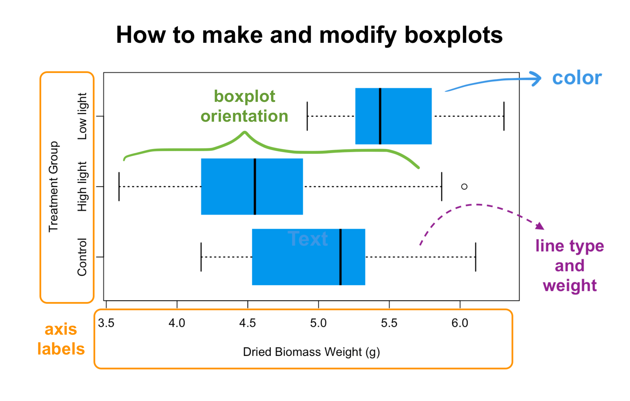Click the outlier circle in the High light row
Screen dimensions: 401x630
464,187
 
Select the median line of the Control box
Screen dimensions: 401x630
340,257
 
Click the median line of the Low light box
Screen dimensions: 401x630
380,116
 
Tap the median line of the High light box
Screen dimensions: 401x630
255,187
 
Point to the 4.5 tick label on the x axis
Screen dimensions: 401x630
247,323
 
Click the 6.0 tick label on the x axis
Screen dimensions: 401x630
459,323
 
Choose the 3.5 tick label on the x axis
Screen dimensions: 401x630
106,323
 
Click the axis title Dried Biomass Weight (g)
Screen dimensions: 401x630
311,352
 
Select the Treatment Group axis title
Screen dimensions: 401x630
54,187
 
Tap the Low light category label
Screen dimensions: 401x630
82,116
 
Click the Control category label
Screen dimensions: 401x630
82,257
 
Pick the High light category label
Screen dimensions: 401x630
82,187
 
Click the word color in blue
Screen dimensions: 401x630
577,78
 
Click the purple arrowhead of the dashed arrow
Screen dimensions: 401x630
540,226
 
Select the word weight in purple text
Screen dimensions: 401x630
569,286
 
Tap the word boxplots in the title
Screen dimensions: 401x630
453,35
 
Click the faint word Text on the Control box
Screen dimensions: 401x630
308,239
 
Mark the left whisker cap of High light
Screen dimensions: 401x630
119,187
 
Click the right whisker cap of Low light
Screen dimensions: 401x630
504,116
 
